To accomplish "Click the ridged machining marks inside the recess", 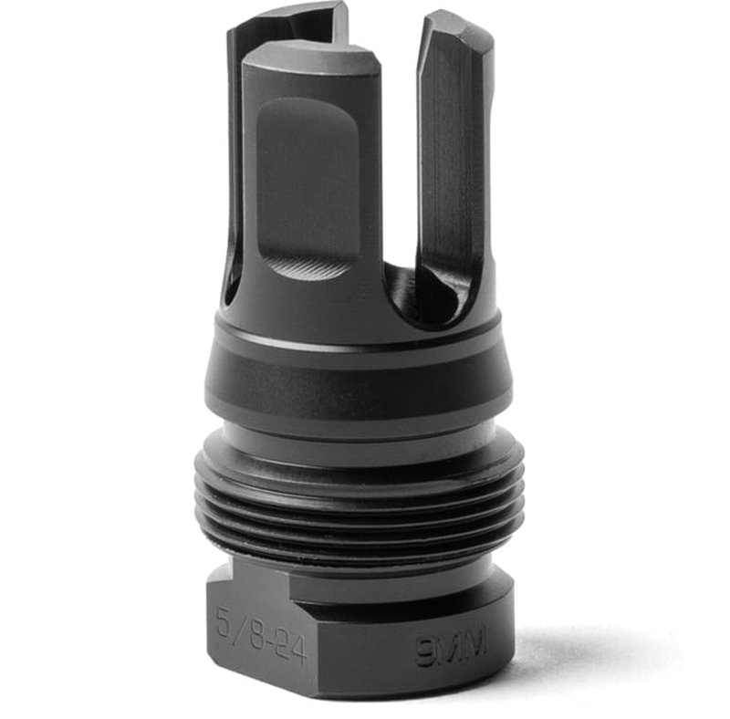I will click(x=310, y=267).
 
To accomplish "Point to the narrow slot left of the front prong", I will click(x=235, y=182).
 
